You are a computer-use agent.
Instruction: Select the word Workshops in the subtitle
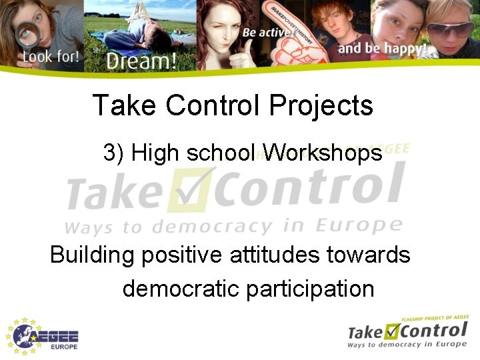tap(323, 153)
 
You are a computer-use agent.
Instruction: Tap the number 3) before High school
tap(114, 153)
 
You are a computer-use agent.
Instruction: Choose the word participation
tap(310, 289)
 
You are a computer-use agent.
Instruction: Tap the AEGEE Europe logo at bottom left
tap(43, 335)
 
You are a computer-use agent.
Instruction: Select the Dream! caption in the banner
tap(141, 61)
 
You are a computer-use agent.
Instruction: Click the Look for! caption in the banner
tap(51, 56)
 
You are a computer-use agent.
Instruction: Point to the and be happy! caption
tap(381, 49)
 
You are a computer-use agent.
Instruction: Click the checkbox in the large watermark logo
tap(193, 187)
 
